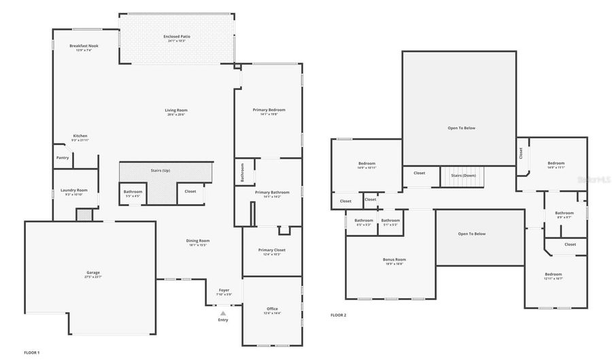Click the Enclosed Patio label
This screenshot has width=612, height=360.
[176, 37]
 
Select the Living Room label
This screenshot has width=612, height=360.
[176, 110]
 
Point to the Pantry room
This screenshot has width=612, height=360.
[63, 158]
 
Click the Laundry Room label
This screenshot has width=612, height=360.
[73, 191]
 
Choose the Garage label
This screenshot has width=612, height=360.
[93, 273]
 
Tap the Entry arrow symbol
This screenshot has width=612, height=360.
[222, 313]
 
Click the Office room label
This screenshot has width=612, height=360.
[271, 309]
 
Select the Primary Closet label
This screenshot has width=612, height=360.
[271, 250]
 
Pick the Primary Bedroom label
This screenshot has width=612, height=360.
[269, 110]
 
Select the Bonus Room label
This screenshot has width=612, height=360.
[394, 260]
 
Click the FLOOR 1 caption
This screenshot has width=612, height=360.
[32, 353]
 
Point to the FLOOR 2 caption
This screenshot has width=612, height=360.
[338, 316]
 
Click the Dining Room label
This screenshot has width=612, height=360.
[199, 241]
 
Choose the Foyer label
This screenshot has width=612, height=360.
[224, 290]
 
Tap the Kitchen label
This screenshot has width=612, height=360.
[80, 136]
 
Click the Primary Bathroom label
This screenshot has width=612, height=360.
[272, 193]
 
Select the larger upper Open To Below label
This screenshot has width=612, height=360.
[461, 128]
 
